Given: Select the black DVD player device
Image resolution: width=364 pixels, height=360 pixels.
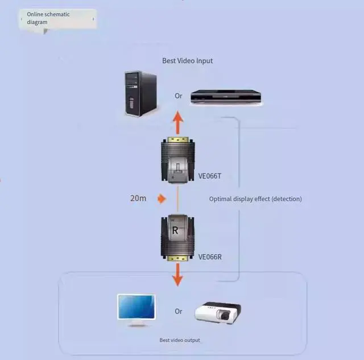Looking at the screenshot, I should [x=226, y=97].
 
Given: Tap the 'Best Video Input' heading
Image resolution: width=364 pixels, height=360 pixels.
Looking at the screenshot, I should [x=187, y=61].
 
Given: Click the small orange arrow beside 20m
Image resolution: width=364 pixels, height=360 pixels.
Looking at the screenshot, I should [x=162, y=198].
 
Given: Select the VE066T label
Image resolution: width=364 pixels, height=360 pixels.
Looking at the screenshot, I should [x=209, y=176].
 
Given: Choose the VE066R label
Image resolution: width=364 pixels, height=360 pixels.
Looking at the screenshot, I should [x=209, y=257].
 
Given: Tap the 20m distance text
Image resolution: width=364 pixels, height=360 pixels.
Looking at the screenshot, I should [x=139, y=198].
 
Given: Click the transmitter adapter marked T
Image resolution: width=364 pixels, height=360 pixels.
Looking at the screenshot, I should [x=178, y=161].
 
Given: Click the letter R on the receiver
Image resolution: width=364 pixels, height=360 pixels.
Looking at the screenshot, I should [x=175, y=230].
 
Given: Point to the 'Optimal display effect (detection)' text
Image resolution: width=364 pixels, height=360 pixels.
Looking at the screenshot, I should [x=255, y=199].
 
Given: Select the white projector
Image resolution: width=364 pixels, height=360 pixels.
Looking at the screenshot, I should [x=217, y=312].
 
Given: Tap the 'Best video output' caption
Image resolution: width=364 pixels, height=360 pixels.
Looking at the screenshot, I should [x=180, y=340].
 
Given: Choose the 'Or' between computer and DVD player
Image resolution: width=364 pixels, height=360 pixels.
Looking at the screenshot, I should [x=179, y=96].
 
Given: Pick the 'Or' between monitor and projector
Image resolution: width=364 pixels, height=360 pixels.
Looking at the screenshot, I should [x=179, y=311].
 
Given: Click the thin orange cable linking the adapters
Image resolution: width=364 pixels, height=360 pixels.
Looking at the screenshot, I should [x=178, y=199].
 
